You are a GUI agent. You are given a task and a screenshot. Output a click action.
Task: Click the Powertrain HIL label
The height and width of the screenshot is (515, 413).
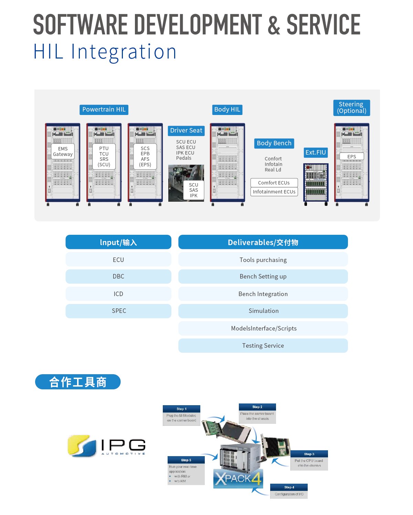pyautogui.click(x=104, y=109)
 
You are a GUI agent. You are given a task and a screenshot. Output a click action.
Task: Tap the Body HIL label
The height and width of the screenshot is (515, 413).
pyautogui.click(x=227, y=109)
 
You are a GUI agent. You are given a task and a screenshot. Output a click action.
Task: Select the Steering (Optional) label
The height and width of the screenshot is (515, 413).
pyautogui.click(x=351, y=107)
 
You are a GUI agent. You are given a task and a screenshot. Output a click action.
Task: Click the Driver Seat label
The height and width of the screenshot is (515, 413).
pyautogui.click(x=186, y=130)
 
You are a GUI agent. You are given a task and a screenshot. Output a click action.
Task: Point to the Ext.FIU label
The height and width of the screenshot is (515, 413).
pyautogui.click(x=316, y=153)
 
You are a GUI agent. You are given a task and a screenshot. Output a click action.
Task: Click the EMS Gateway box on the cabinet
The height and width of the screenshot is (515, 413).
pyautogui.click(x=63, y=151)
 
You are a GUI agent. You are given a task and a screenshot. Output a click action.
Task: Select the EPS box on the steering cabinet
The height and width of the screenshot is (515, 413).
pyautogui.click(x=351, y=157)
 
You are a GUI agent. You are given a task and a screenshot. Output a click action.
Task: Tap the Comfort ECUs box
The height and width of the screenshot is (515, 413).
pyautogui.click(x=274, y=183)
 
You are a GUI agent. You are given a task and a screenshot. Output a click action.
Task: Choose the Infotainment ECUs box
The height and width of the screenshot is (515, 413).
pyautogui.click(x=274, y=192)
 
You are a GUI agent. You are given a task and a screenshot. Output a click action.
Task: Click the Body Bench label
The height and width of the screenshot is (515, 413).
pyautogui.click(x=274, y=143)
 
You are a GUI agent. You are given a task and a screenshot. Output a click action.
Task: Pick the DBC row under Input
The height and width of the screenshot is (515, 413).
pyautogui.click(x=118, y=276)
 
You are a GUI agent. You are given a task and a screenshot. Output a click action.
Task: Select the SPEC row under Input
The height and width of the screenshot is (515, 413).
pyautogui.click(x=118, y=311)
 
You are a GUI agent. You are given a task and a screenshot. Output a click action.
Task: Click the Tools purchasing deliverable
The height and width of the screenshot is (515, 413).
pyautogui.click(x=263, y=260)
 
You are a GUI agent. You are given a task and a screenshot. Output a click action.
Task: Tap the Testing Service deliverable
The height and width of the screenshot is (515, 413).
pyautogui.click(x=263, y=346)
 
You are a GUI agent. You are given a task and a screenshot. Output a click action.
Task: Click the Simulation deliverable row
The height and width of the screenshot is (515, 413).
pyautogui.click(x=263, y=311)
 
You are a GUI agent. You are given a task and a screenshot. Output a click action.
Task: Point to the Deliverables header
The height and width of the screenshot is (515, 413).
pyautogui.click(x=263, y=242)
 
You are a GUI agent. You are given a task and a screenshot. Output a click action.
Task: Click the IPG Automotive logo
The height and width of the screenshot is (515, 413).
pyautogui.click(x=106, y=446)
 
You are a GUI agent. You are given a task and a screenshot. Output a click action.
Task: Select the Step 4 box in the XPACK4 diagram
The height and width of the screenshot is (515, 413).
pyautogui.click(x=289, y=491)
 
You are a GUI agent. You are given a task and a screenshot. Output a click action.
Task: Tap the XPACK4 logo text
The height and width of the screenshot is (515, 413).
pyautogui.click(x=238, y=479)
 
